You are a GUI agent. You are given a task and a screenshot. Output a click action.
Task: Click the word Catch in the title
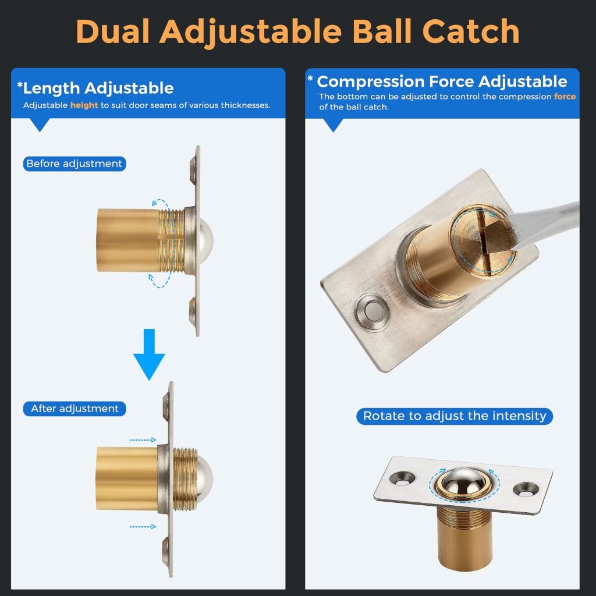tap(470, 32)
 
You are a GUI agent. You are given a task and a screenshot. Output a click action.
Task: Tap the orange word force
tap(565, 97)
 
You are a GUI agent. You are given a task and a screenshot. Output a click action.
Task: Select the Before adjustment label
tap(74, 164)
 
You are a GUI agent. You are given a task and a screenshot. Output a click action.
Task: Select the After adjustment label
tap(74, 409)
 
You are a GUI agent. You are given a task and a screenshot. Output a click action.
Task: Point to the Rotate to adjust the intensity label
tap(455, 416)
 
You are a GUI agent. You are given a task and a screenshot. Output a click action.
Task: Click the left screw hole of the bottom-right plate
tap(402, 478)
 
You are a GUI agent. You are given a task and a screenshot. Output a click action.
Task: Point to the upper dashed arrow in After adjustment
tap(142, 441)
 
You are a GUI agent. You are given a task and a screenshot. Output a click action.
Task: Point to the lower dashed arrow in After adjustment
tap(142, 527)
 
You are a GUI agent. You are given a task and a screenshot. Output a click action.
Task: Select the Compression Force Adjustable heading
tap(441, 81)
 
